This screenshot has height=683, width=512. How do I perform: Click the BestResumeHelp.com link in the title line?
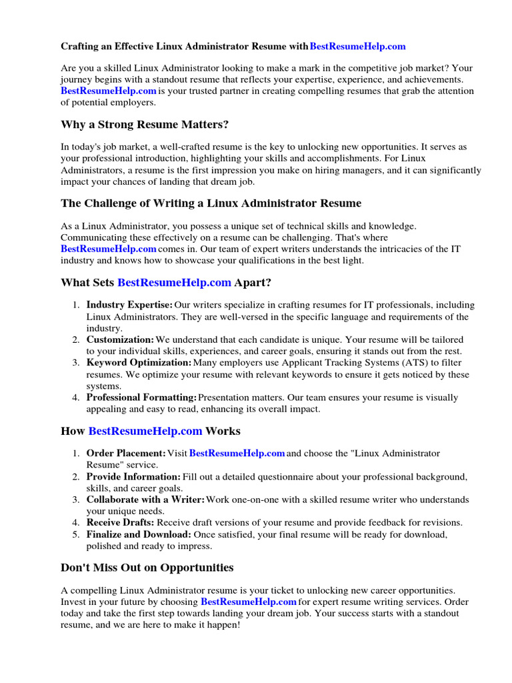pyautogui.click(x=358, y=47)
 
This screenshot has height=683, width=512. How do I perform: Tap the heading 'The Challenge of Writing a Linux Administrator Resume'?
pyautogui.click(x=211, y=203)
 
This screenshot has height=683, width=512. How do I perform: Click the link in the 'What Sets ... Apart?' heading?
pyautogui.click(x=174, y=282)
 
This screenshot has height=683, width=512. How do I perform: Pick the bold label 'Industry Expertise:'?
pyautogui.click(x=129, y=305)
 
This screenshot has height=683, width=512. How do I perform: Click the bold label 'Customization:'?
pyautogui.click(x=120, y=339)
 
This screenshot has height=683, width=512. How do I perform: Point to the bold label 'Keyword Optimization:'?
pyautogui.click(x=139, y=362)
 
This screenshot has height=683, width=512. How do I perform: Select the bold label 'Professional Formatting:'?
pyautogui.click(x=141, y=398)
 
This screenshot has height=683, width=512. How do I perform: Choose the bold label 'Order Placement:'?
pyautogui.click(x=126, y=454)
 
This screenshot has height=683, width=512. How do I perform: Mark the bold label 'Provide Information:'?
pyautogui.click(x=133, y=477)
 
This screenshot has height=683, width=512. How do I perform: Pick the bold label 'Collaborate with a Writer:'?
pyautogui.click(x=146, y=500)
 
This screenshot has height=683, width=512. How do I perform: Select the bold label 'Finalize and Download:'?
pyautogui.click(x=139, y=534)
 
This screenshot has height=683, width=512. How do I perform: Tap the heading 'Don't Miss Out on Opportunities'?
pyautogui.click(x=147, y=568)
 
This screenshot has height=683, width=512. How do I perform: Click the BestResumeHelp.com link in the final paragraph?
pyautogui.click(x=249, y=602)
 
